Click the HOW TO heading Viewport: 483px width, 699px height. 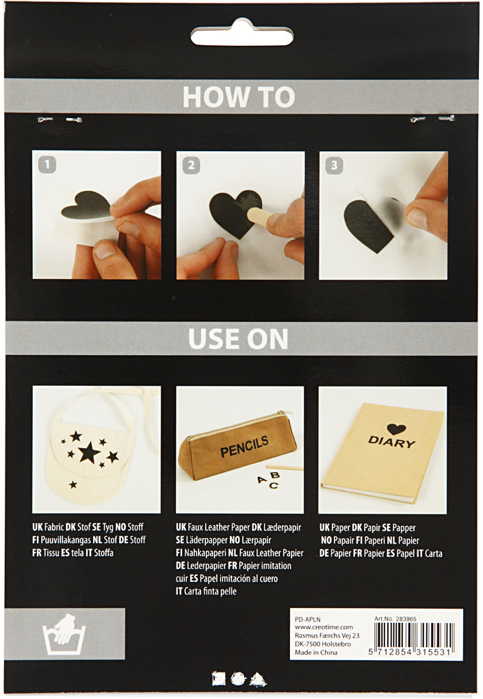point(239,96)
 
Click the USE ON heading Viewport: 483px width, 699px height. point(238,339)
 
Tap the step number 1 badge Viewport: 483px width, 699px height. point(47,165)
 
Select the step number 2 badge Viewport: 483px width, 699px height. point(191,166)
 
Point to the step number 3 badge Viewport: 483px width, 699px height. point(334,166)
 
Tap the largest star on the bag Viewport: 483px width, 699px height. point(89,453)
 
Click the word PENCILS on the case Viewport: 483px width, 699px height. point(244,447)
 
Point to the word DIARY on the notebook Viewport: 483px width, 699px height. point(391,441)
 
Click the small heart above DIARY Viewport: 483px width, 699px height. point(396,430)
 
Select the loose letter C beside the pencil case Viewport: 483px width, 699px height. point(274,485)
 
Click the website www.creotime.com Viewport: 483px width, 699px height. point(324,627)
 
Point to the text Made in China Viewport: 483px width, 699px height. point(316,652)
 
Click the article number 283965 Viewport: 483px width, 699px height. point(406,619)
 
